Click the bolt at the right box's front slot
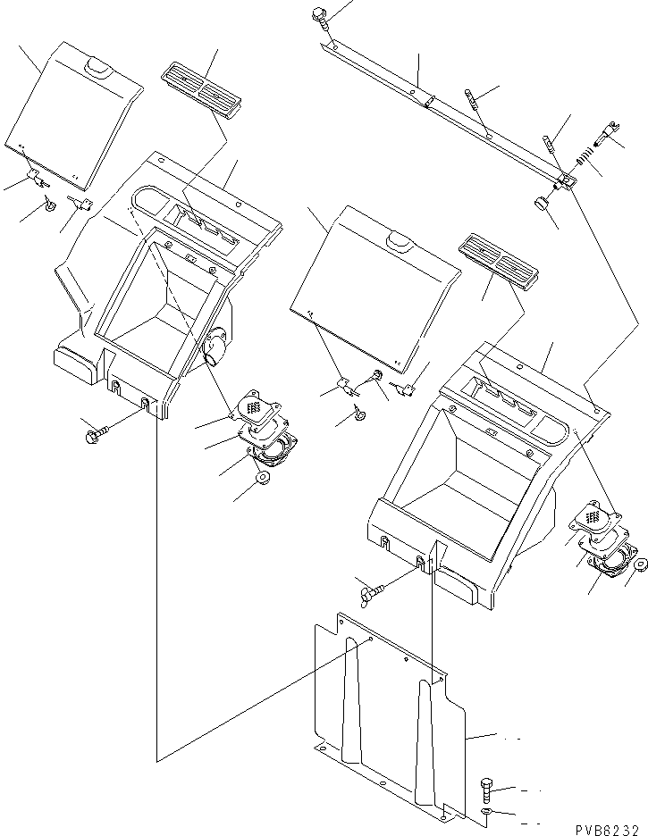pyautogui.click(x=372, y=588)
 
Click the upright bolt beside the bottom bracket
pyautogui.click(x=487, y=787)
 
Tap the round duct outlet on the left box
pyautogui.click(x=215, y=347)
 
